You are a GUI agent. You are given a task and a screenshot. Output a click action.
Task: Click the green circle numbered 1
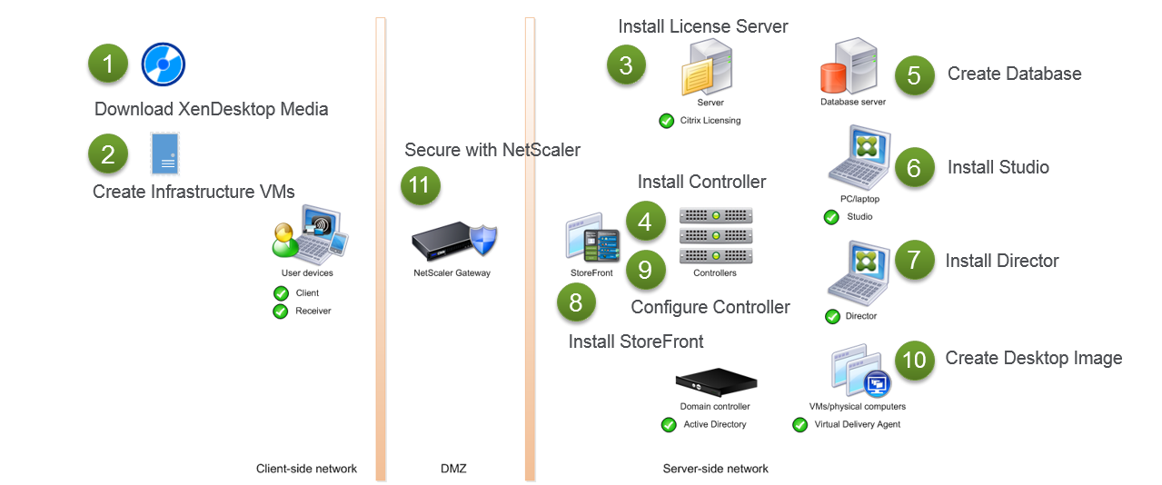(108, 64)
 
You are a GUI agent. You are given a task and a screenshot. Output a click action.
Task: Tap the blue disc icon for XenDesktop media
(164, 64)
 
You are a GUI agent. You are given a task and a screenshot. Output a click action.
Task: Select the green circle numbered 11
(420, 185)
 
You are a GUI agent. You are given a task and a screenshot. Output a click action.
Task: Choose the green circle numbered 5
(914, 75)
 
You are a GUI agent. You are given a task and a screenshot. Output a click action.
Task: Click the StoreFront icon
(591, 239)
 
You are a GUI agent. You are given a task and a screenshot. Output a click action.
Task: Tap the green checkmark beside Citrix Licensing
(666, 121)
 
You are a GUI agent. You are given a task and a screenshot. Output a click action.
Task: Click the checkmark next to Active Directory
(669, 424)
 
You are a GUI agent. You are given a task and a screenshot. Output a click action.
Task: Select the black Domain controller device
(715, 381)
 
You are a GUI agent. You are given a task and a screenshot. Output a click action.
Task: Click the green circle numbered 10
(914, 360)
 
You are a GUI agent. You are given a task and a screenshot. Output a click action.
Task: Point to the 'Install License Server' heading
(702, 26)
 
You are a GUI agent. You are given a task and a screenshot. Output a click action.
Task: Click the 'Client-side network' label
(306, 469)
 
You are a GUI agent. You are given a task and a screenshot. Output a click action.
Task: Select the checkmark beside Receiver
(281, 312)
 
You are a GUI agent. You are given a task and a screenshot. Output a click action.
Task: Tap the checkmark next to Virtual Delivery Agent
(799, 424)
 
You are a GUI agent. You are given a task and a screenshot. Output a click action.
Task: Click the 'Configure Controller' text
(710, 307)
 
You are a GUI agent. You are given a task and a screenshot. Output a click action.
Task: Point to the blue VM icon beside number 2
(165, 153)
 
